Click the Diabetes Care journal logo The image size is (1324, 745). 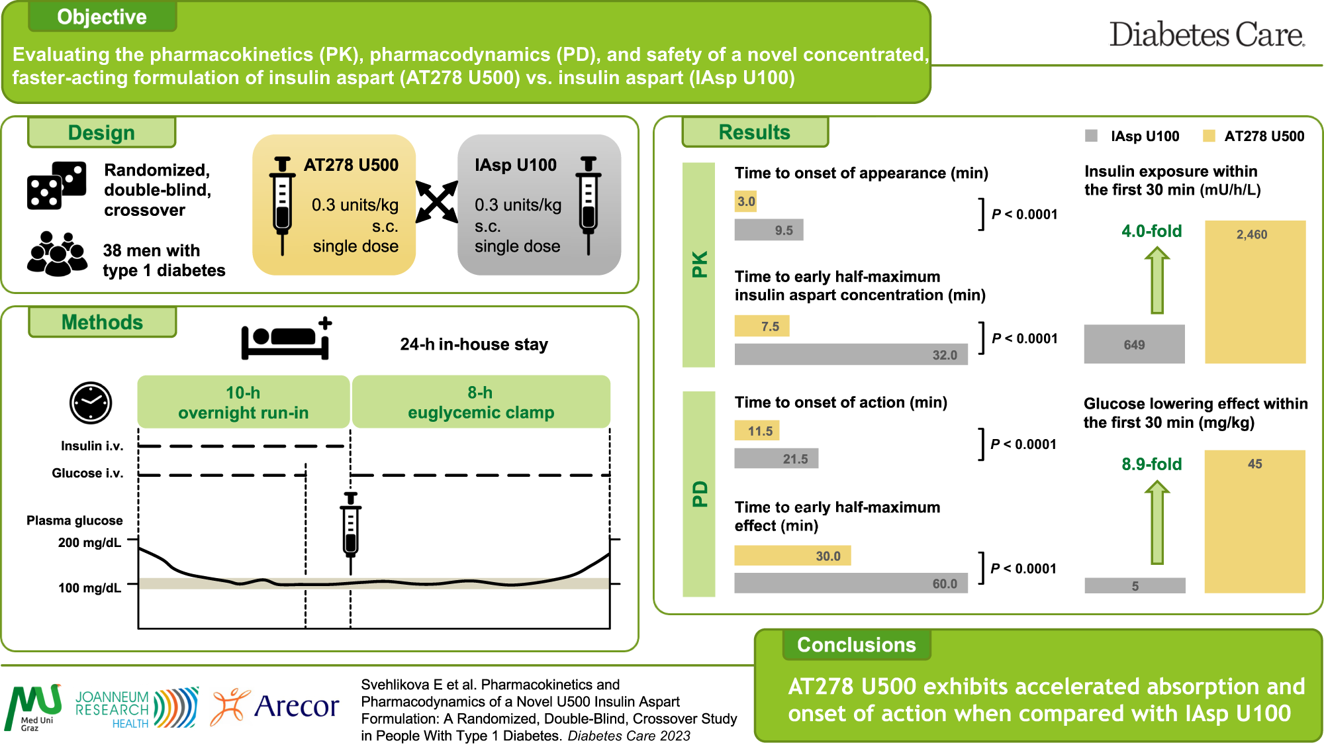pos(1206,34)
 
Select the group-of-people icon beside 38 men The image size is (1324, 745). pos(57,254)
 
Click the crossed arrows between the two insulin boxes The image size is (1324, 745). pos(437,201)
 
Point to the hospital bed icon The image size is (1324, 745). pos(286,339)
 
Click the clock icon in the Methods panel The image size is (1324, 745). pos(91,403)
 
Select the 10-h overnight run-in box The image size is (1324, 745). pos(243,402)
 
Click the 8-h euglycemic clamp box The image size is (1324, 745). pos(481,402)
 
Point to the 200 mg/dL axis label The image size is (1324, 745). pos(89,542)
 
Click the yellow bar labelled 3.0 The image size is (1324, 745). pos(745,201)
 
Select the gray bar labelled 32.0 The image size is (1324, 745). pos(851,354)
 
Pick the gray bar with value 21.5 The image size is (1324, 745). pos(776,458)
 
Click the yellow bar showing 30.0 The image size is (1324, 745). pos(792,556)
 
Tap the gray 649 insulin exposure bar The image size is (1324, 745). pos(1134,344)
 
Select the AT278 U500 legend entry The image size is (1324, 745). pos(1253,136)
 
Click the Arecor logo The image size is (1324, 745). pos(275,707)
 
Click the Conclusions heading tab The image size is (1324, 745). pos(856,645)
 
